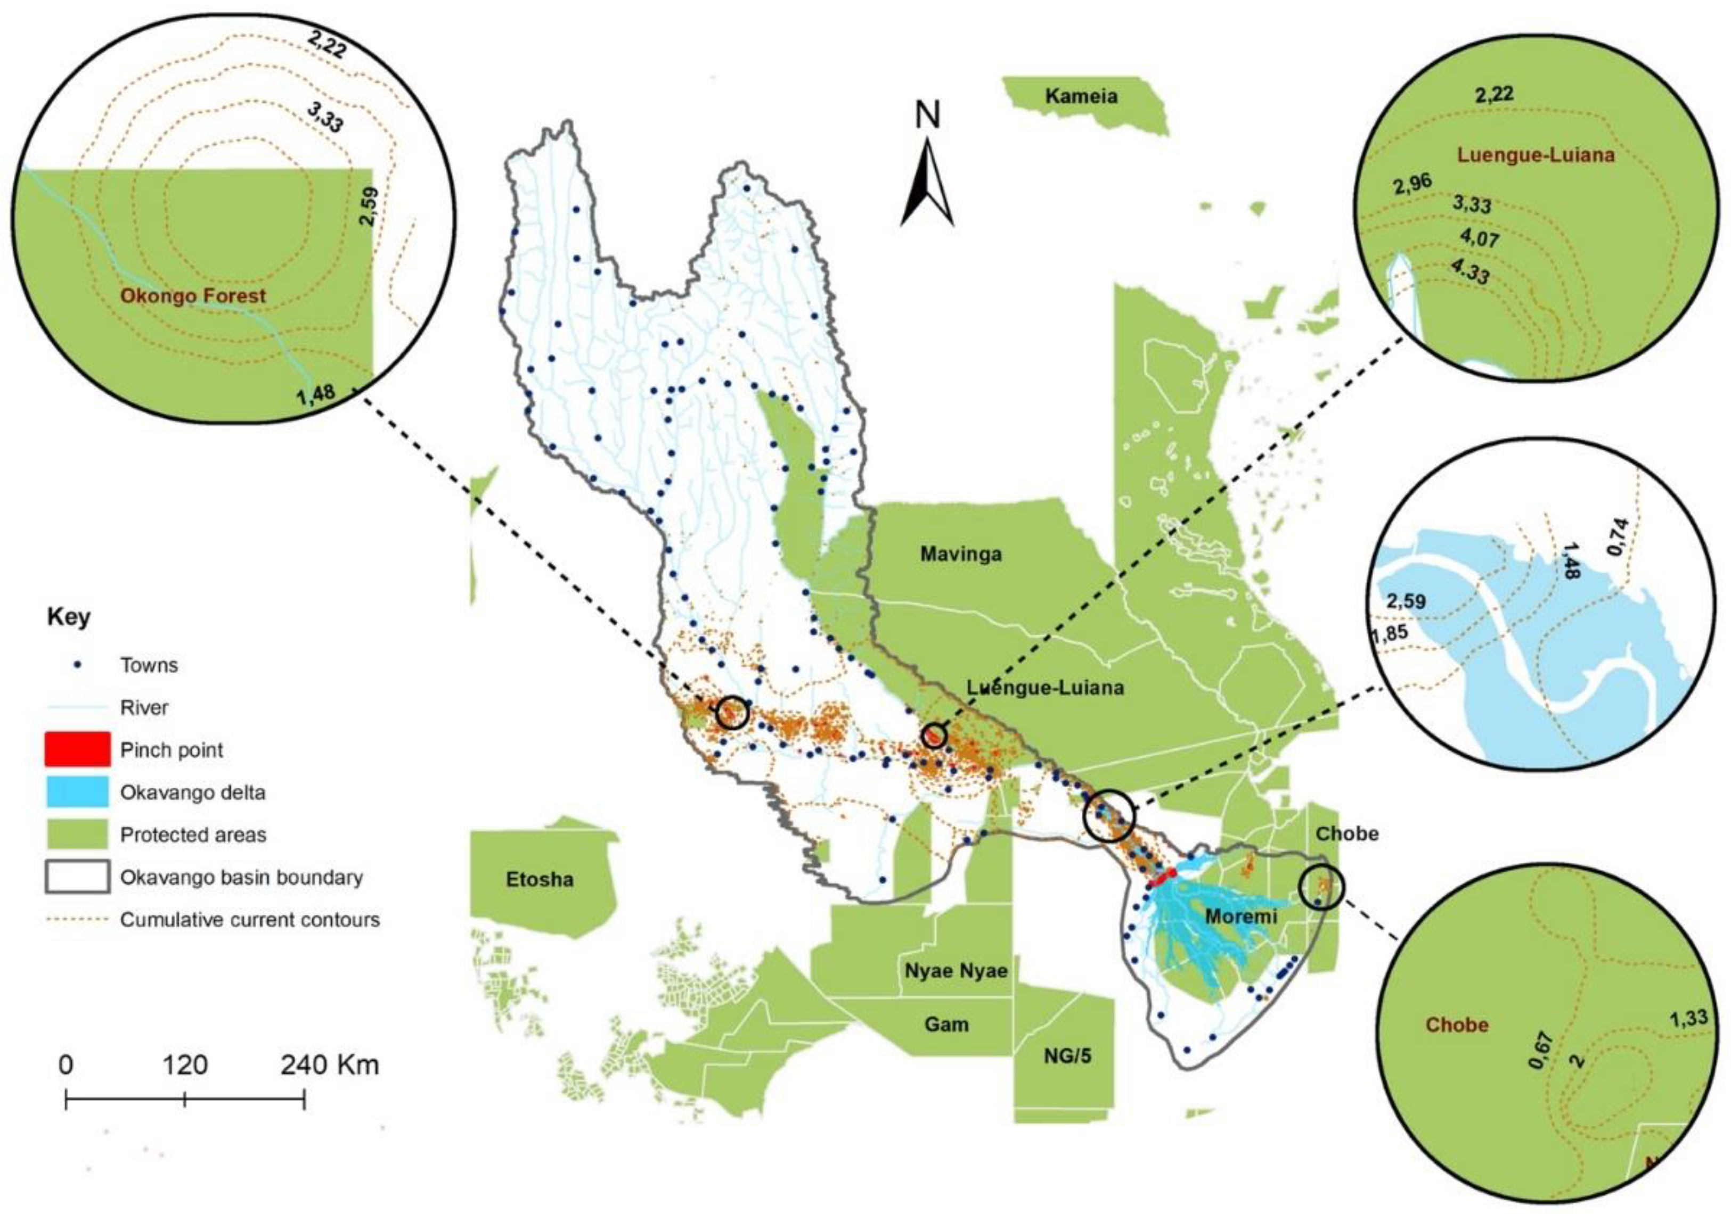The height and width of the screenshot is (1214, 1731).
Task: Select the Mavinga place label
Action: (960, 555)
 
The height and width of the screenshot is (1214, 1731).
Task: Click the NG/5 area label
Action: (1067, 1056)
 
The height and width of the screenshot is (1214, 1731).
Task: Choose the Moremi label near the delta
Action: (1240, 916)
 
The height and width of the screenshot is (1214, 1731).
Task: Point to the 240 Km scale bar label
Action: (330, 1065)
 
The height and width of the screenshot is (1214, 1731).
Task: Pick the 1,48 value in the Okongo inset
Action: (317, 395)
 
